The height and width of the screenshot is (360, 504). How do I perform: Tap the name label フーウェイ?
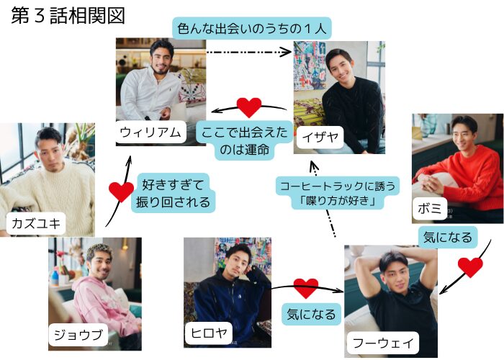(382, 342)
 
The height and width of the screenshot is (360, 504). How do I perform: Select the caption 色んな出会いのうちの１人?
(251, 30)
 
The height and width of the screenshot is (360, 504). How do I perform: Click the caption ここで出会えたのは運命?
(246, 141)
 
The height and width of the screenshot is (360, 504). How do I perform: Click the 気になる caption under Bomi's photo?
(446, 237)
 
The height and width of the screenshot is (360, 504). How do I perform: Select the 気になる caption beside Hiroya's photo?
(310, 314)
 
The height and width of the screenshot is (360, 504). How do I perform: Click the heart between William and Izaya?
(248, 107)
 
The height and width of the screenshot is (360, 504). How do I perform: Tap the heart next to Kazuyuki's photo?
(120, 192)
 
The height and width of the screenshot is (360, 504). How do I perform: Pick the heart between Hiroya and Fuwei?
(306, 288)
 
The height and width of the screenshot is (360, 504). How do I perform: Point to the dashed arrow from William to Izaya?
(248, 52)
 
